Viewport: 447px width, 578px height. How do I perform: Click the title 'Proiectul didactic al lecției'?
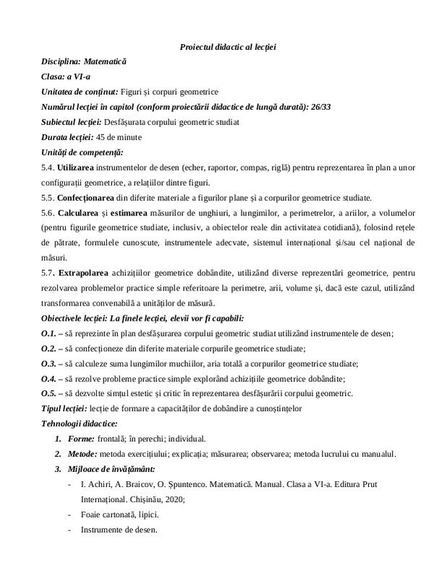pos(228,48)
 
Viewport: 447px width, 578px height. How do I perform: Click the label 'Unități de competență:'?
pos(82,152)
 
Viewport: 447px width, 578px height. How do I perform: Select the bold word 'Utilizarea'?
pos(77,168)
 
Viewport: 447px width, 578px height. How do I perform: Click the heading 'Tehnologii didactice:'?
pos(80,423)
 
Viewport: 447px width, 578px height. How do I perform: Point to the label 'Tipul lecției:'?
pos(67,408)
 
